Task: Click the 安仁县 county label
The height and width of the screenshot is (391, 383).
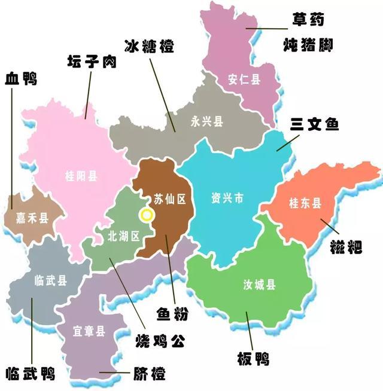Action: [x=244, y=79]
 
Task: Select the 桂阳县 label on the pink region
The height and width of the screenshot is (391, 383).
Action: [x=81, y=176]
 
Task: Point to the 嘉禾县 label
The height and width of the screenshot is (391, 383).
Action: [x=28, y=219]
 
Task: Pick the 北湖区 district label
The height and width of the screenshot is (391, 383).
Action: [x=124, y=236]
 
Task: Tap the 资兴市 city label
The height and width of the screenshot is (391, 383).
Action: [x=227, y=198]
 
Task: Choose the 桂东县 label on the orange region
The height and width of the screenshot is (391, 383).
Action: [x=305, y=204]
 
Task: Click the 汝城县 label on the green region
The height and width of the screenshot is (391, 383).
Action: [x=260, y=285]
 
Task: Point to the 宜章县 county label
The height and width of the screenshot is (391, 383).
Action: [x=89, y=331]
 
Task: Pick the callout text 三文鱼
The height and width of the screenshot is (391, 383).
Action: [x=315, y=124]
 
